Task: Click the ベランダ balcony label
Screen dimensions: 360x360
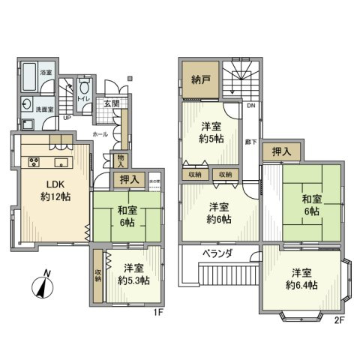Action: coord(217,254)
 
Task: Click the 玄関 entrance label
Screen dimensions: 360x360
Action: coord(112,103)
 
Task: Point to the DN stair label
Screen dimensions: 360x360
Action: coord(250,106)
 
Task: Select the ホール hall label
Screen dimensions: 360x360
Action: coord(99,133)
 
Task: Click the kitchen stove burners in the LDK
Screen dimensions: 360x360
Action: coord(34,162)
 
